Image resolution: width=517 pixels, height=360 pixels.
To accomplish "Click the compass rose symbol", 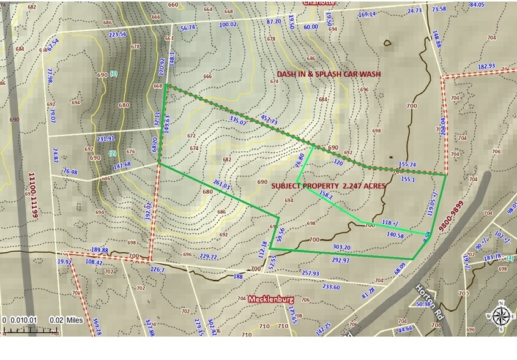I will (x=501, y=316).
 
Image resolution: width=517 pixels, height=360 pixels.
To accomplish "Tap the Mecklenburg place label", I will (x=271, y=299).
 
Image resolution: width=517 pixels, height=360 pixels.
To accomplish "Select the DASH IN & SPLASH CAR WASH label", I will (x=329, y=73).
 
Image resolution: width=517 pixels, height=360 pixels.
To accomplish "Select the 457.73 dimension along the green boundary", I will (x=269, y=122).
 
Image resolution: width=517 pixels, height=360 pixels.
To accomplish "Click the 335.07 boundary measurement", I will (x=237, y=121).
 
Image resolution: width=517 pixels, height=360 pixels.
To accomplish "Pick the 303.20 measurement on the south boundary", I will (x=341, y=248).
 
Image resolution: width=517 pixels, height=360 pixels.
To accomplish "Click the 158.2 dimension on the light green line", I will (x=326, y=196).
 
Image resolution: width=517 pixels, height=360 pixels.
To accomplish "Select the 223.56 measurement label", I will (x=117, y=34).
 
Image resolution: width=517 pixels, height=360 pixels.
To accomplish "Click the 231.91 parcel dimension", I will (x=105, y=138).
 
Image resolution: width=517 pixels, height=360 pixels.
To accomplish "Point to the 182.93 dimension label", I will (x=486, y=66).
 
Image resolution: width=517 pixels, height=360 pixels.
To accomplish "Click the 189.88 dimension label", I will (x=99, y=250).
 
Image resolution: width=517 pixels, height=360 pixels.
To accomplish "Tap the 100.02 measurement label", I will (x=228, y=24).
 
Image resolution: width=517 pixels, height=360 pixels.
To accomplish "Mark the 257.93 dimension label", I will (x=310, y=273).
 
